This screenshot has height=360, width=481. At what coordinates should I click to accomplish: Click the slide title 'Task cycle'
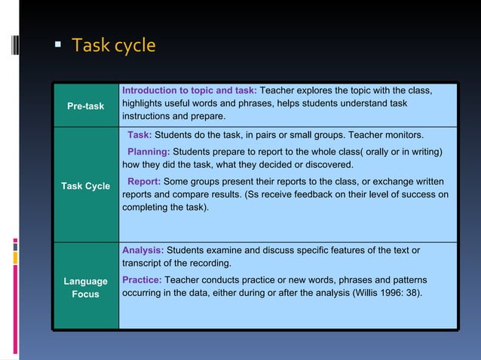pyautogui.click(x=113, y=46)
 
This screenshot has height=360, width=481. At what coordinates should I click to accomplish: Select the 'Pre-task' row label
pyautogui.click(x=85, y=106)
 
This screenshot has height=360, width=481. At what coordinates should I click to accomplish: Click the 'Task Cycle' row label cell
pyautogui.click(x=85, y=185)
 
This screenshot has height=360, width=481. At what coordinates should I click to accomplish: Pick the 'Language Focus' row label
pyautogui.click(x=85, y=288)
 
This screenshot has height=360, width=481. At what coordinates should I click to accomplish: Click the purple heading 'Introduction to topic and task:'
pyautogui.click(x=189, y=91)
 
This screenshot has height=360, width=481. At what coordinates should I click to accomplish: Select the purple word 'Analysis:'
pyautogui.click(x=142, y=250)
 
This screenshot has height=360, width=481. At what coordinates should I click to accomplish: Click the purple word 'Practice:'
pyautogui.click(x=142, y=280)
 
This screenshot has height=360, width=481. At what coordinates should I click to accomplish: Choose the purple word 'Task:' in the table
pyautogui.click(x=139, y=136)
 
